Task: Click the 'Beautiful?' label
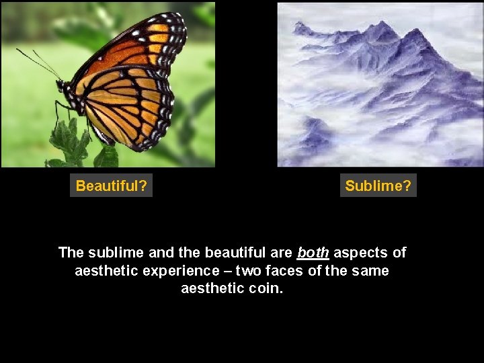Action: (x=112, y=186)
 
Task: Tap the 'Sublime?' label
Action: (x=378, y=186)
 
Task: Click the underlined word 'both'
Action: (x=312, y=253)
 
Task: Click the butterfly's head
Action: (x=62, y=86)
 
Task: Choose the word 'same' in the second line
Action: (x=371, y=271)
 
